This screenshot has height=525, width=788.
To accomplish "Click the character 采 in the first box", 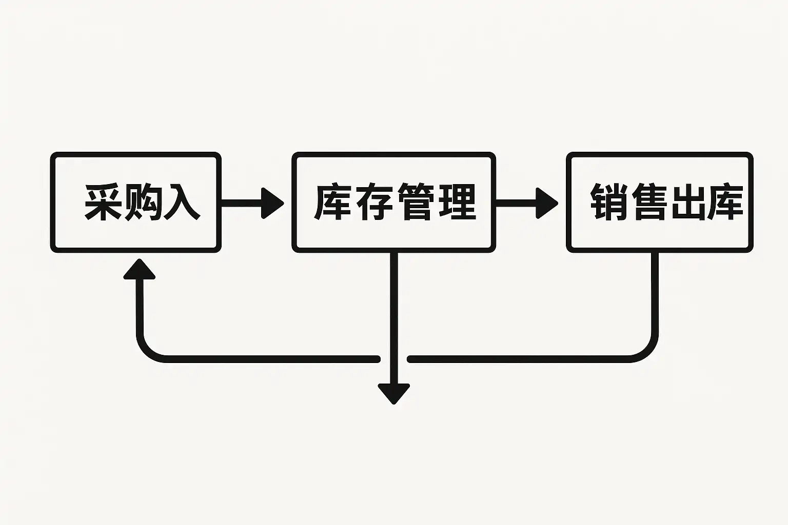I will click(x=103, y=202).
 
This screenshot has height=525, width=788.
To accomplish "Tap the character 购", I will click(x=141, y=202).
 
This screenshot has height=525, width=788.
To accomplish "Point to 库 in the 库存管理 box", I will click(x=332, y=202).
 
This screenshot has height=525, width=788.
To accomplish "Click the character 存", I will click(x=374, y=202).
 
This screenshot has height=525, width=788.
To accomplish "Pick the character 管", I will click(x=415, y=202).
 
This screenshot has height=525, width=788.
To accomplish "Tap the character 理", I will click(x=456, y=202).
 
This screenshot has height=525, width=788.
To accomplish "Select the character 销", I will click(x=608, y=202).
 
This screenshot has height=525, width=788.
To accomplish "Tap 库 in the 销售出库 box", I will click(x=725, y=202).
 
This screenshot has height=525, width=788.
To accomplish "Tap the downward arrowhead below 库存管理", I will click(x=394, y=393).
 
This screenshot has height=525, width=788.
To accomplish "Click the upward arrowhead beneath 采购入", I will click(x=139, y=270).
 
